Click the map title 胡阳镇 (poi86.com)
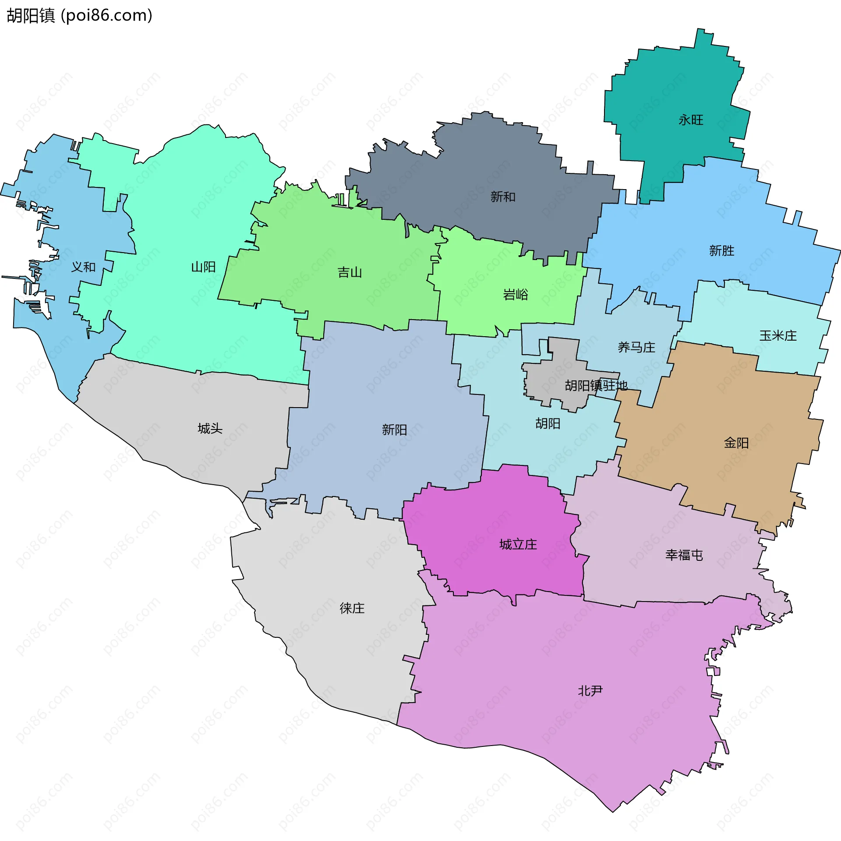point(79,16)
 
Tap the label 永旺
point(691,120)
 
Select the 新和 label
point(503,197)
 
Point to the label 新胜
point(721,251)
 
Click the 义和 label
point(83,267)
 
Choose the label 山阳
point(203,267)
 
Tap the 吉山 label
point(350,273)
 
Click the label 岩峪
point(516,295)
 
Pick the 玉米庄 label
point(777,336)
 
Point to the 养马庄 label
point(636,348)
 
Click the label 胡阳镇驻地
point(596,386)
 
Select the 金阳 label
point(736,443)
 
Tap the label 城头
point(210,429)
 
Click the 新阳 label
point(394,430)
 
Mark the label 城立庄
point(518,545)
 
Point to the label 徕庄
point(352,608)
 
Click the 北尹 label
point(590,691)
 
